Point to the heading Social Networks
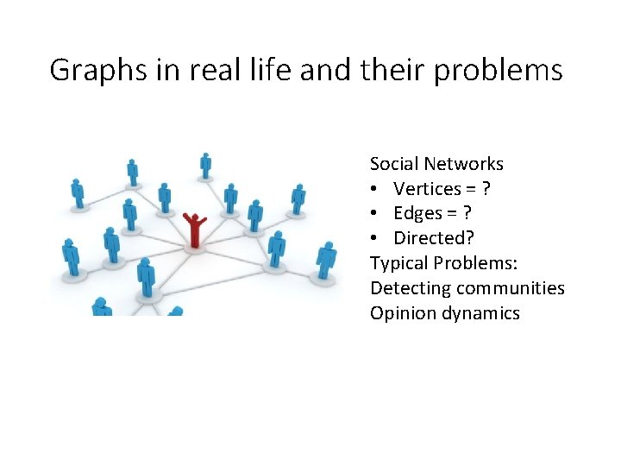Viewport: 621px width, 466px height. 436,164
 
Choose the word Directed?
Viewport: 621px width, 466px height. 434,238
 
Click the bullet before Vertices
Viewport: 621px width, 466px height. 375,189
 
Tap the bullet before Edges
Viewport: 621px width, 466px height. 375,213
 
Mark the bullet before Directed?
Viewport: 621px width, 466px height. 375,238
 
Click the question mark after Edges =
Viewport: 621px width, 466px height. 467,213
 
